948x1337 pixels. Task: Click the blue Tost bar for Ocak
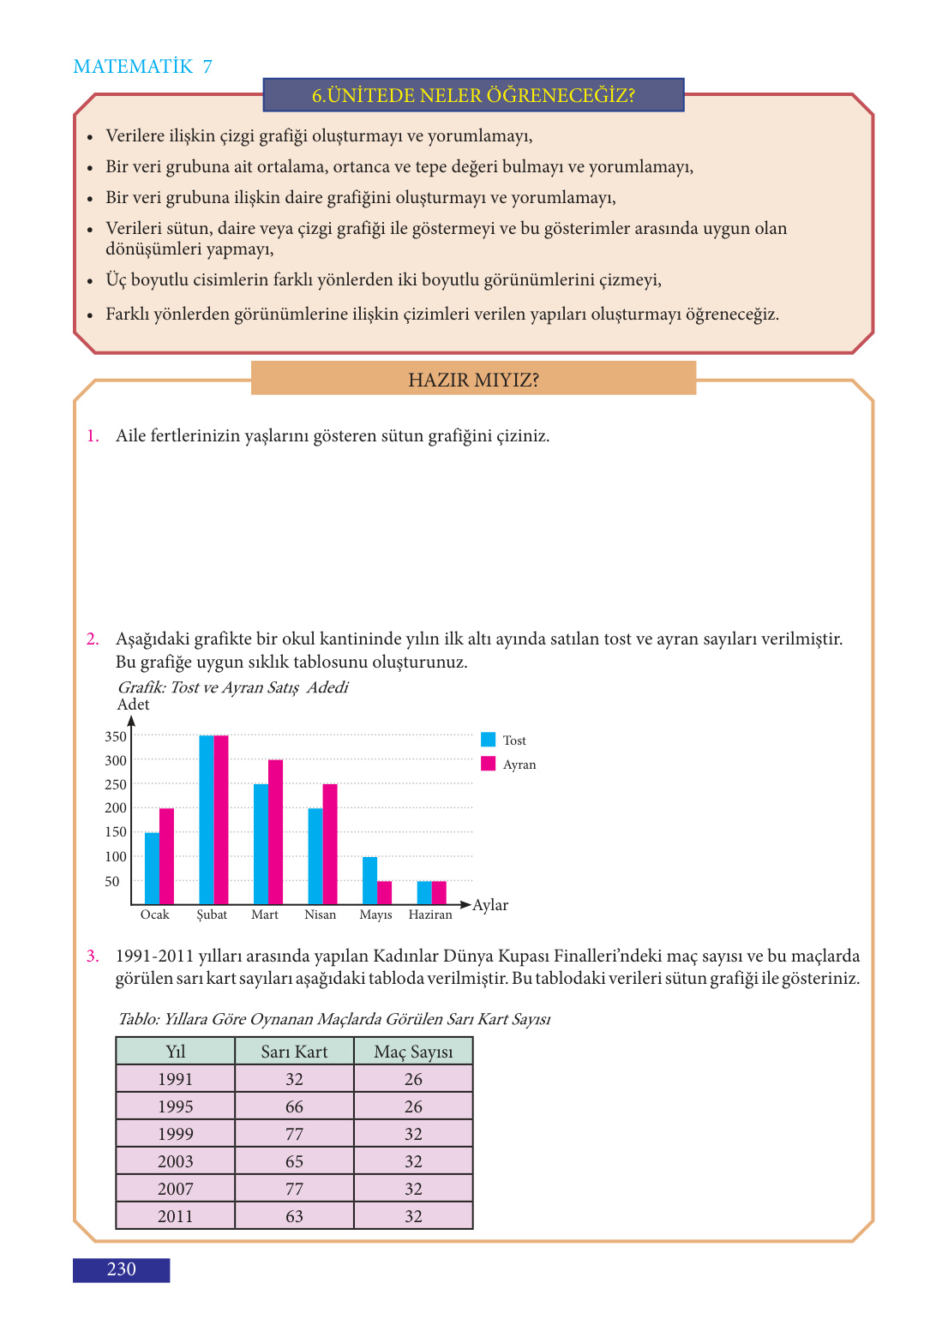152,868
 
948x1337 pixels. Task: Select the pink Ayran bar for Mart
275,831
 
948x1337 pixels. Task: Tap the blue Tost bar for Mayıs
369,880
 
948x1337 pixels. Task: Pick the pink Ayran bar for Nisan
330,844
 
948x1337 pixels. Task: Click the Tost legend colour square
489,740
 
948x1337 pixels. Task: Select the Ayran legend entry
519,764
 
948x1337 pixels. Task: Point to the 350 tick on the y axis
116,736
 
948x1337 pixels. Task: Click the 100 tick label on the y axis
116,856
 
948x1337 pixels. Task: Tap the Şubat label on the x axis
212,914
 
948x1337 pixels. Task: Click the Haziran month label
430,914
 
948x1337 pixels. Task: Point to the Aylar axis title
490,905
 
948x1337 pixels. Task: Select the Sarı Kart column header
294,1052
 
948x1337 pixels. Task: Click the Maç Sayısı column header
413,1052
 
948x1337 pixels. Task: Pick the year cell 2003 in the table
176,1161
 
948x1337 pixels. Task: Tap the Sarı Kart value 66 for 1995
294,1106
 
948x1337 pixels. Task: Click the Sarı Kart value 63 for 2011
294,1216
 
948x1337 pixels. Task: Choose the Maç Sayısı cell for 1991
413,1079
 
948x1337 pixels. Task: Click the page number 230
122,1269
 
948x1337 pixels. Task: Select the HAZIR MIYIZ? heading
473,380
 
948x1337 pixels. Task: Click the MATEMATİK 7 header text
143,67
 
